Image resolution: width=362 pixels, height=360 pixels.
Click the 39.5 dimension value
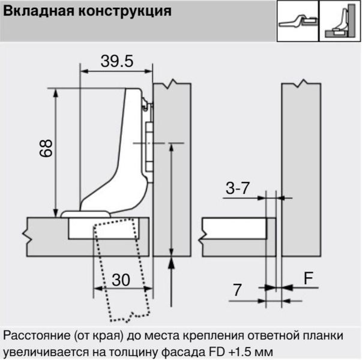coord(117,61)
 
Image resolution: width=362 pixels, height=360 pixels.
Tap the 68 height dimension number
coord(46,148)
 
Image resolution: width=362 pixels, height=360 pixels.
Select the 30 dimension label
coord(121,280)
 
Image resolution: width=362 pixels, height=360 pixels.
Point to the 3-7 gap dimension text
coord(238,188)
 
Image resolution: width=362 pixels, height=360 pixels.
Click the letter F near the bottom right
coord(309,278)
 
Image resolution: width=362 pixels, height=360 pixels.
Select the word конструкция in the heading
coord(125,11)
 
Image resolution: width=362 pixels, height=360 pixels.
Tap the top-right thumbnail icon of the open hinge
coord(298,21)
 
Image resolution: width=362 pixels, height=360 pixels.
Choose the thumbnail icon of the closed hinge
coord(340,21)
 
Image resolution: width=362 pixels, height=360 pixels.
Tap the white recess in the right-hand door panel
coord(234,229)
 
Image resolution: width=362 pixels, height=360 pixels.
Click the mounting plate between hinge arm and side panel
coord(149,143)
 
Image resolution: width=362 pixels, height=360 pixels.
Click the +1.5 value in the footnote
coord(240,352)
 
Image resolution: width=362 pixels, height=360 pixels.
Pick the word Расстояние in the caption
coord(37,336)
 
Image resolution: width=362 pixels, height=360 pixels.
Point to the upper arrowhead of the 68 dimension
coord(55,93)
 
